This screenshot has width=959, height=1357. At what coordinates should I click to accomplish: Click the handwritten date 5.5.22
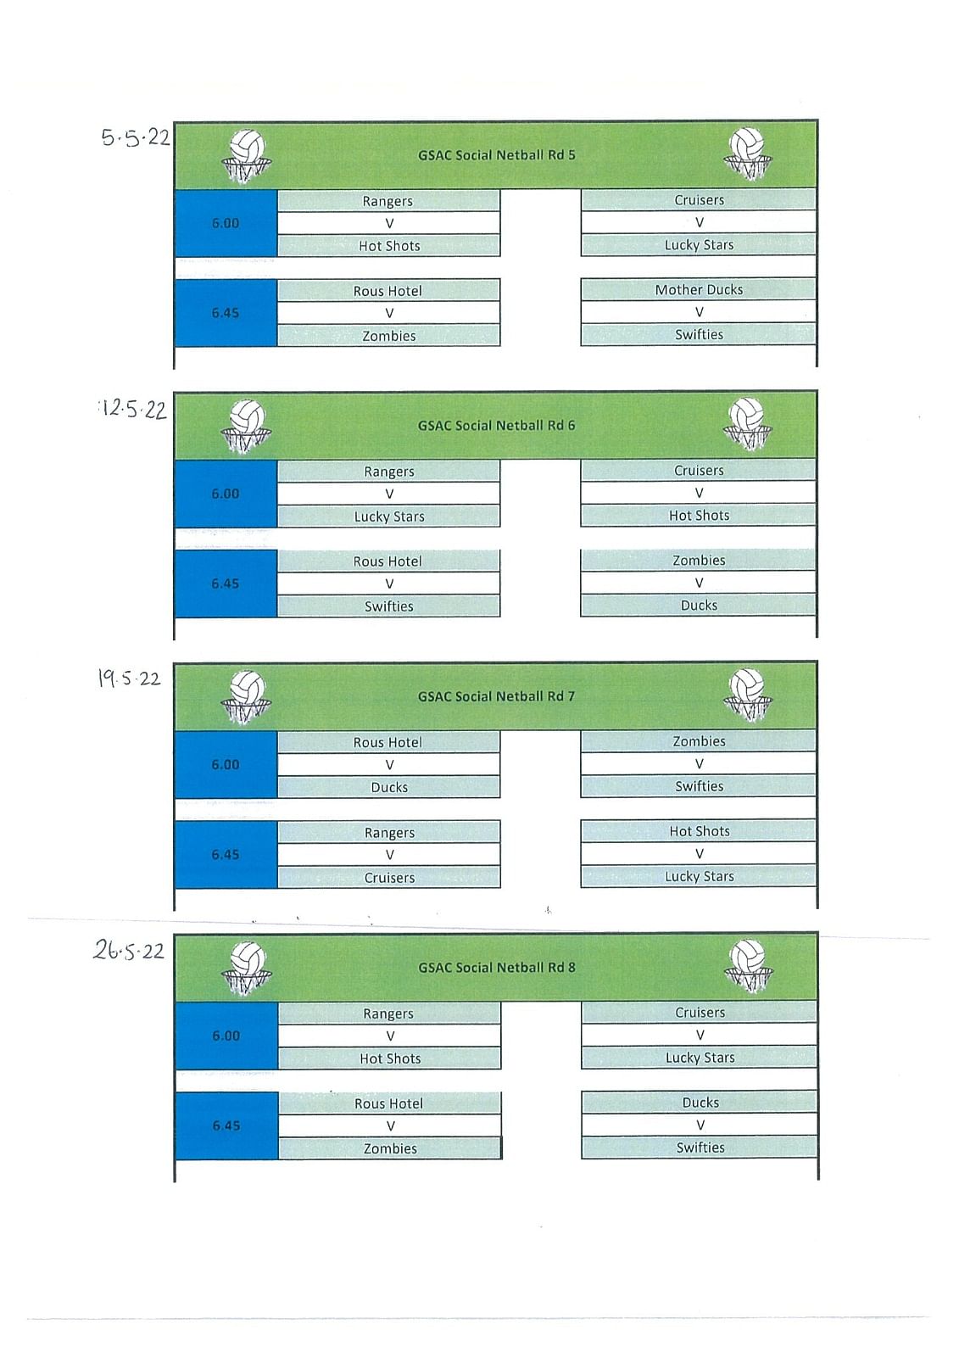[x=136, y=138]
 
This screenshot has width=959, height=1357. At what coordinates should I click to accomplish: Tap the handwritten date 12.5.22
[x=133, y=410]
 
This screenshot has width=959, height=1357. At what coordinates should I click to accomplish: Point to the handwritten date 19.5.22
[x=130, y=678]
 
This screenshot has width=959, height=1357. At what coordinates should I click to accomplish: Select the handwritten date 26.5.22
[x=129, y=951]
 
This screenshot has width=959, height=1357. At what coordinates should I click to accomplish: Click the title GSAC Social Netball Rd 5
[x=496, y=155]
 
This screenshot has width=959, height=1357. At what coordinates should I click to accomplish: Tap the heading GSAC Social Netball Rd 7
[x=496, y=696]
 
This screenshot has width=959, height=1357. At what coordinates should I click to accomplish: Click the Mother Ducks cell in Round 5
[x=699, y=289]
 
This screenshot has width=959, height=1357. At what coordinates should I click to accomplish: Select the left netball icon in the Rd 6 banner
[x=246, y=427]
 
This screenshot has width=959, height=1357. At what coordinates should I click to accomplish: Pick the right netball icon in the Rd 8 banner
[x=748, y=967]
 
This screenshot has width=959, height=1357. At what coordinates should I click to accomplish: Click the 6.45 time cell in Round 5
[x=226, y=313]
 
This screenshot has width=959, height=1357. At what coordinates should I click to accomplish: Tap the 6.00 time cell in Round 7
[x=226, y=764]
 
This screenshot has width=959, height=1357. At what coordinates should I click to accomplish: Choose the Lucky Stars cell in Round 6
[x=389, y=517]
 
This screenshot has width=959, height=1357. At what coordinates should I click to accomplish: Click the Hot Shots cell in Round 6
[x=699, y=516]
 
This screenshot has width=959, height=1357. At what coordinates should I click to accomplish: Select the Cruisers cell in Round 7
[x=389, y=878]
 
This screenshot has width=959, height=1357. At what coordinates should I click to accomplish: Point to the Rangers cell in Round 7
[x=389, y=832]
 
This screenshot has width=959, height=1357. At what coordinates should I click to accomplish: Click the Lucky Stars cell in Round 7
[x=699, y=877]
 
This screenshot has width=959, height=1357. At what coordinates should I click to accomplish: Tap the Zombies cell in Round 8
[x=390, y=1148]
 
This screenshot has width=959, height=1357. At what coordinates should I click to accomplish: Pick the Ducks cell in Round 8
[x=700, y=1103]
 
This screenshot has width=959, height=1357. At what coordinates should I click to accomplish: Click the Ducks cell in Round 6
[x=699, y=606]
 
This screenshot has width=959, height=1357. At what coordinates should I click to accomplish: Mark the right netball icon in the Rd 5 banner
[x=748, y=154]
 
